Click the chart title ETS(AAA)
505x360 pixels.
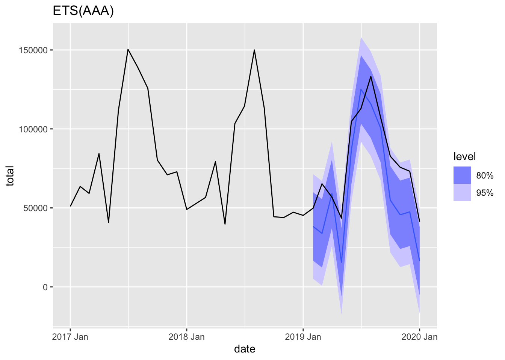(83, 11)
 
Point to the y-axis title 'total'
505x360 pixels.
(10, 175)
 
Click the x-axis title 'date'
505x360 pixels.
(245, 349)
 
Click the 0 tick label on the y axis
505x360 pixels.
(45, 287)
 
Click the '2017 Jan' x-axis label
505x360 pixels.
(70, 337)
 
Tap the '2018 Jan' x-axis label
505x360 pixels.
(187, 337)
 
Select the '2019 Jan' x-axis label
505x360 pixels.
(303, 337)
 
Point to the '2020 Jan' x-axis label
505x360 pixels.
(419, 337)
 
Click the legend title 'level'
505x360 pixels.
(464, 156)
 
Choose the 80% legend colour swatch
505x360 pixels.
(462, 175)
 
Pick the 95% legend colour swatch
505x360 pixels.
(462, 192)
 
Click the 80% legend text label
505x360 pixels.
(485, 175)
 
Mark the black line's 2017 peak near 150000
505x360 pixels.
(128, 49)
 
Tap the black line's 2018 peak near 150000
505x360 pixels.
(254, 50)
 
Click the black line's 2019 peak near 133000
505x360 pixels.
(371, 76)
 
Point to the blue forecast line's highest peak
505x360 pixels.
(361, 89)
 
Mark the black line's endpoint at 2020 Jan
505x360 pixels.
(419, 221)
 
